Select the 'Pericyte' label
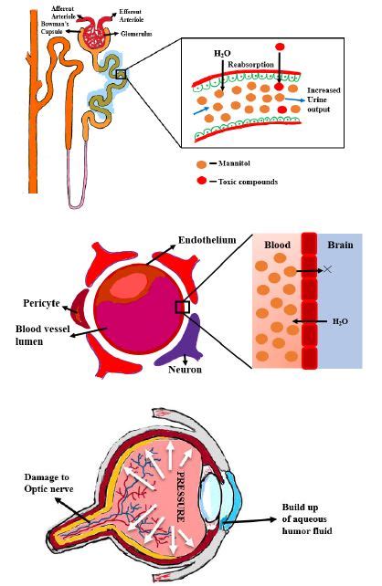click(x=39, y=302)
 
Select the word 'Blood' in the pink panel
click(x=276, y=246)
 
